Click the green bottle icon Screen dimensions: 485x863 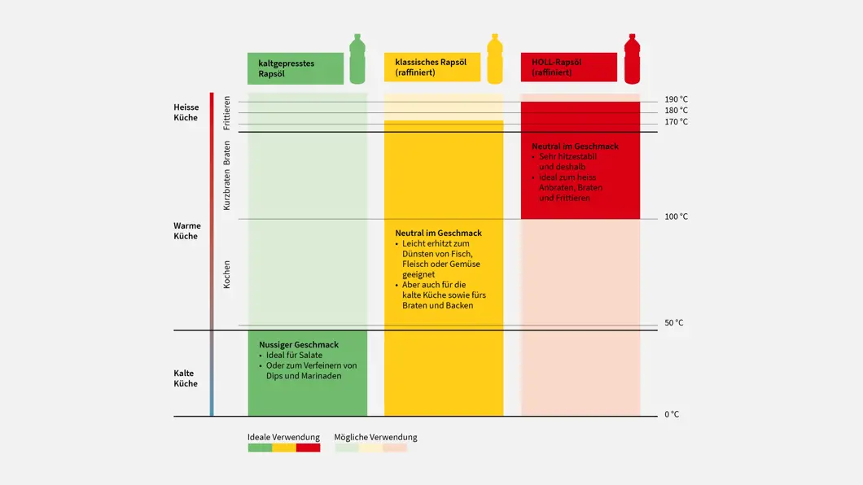357,59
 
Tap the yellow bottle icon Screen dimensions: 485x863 494,59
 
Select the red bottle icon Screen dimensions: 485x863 632,59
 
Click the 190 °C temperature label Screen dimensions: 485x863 676,99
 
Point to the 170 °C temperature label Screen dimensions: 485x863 676,122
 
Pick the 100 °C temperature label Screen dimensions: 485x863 676,216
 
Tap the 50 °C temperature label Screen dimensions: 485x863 673,323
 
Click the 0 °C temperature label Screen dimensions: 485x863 671,414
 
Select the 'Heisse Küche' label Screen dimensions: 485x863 186,112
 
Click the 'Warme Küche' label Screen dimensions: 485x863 186,231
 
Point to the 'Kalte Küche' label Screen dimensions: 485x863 186,378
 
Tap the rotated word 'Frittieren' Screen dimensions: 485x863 227,114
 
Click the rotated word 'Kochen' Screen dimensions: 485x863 227,274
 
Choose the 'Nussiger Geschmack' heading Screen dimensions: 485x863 299,345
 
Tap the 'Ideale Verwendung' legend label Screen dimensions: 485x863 283,437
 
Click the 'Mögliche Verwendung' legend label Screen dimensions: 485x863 375,437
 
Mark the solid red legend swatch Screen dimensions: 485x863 308,448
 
